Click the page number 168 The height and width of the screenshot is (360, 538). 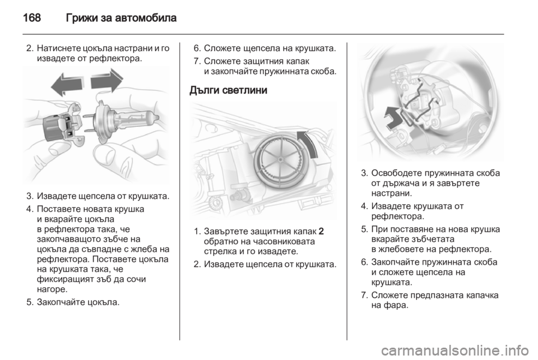tap(32, 17)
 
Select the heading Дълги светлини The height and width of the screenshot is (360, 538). tap(228, 90)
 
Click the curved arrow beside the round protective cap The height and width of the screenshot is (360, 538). tap(310, 143)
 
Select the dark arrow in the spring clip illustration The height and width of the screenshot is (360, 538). tap(394, 118)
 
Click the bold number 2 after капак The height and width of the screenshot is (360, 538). tap(321, 231)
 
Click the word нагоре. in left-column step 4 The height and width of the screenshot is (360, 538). tap(52, 289)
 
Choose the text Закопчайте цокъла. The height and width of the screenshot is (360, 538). tap(78, 303)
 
